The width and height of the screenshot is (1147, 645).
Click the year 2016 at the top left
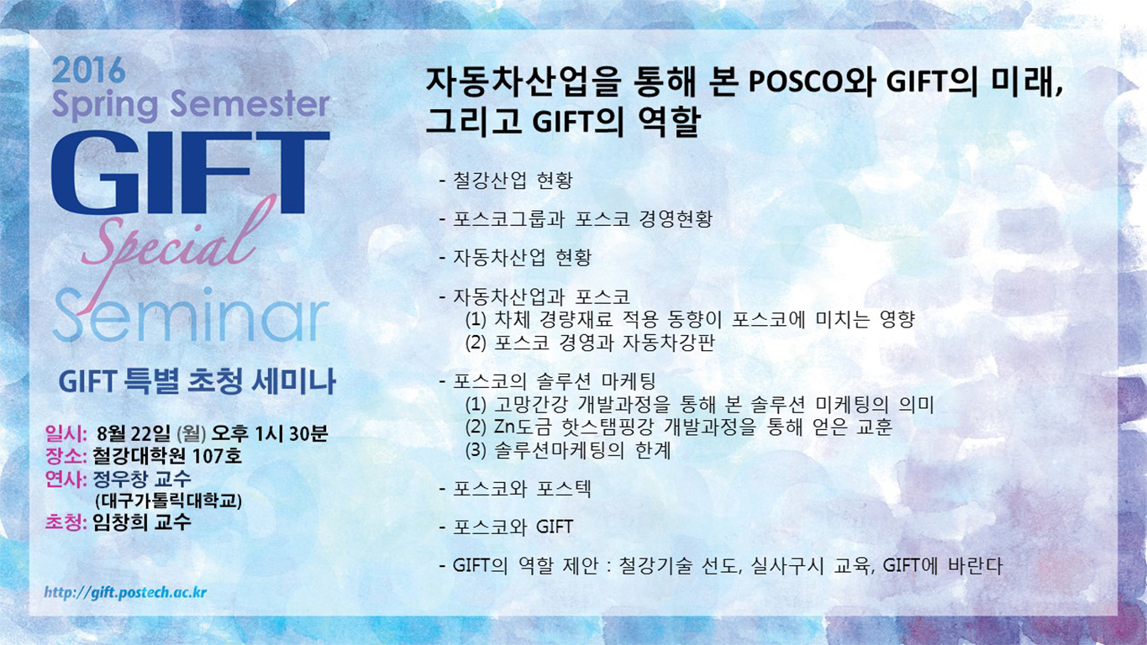point(88,71)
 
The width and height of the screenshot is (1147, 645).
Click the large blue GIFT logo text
point(190,172)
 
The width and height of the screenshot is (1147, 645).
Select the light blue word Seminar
point(191,315)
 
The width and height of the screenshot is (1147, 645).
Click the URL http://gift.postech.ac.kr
point(125,593)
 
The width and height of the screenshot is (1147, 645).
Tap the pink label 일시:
point(66,433)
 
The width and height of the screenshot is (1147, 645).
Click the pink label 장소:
point(66,455)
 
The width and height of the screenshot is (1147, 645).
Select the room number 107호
point(216,455)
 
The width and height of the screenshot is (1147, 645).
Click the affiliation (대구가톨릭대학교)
point(168,501)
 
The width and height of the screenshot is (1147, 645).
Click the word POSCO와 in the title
point(812,82)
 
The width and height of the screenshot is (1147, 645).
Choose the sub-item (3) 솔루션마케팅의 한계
point(568,450)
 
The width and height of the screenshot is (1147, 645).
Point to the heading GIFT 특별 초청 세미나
point(197,381)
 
